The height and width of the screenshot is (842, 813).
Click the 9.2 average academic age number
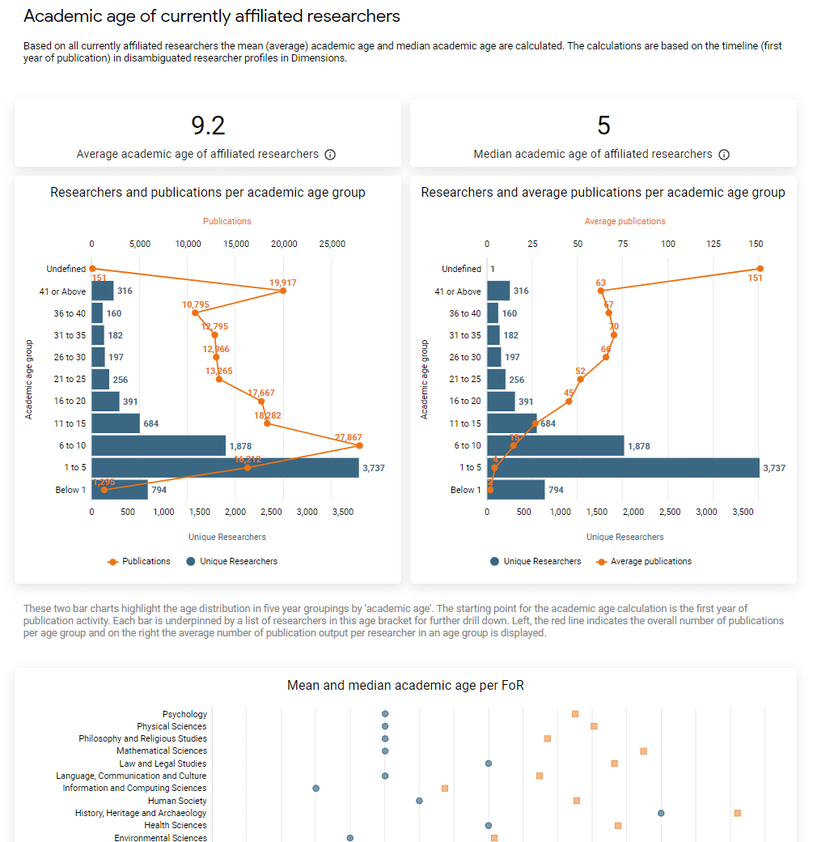coord(208,125)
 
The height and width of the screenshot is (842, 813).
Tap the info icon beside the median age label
coord(724,155)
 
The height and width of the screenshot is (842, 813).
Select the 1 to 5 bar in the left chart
coord(225,468)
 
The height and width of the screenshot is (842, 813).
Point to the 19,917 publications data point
coord(282,291)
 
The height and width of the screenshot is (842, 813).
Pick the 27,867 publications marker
coord(359,445)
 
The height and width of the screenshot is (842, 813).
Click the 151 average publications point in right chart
coord(760,269)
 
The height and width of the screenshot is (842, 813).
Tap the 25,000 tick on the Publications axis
coord(332,244)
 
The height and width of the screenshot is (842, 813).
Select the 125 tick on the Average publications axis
coord(713,244)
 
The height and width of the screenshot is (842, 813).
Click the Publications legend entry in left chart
coord(139,561)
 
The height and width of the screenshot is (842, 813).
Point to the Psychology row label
coord(184,714)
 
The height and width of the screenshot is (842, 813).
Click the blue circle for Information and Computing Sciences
coord(316,788)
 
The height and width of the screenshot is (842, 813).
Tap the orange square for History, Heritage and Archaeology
coord(737,812)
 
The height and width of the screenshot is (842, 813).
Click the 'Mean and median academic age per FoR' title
coord(405,686)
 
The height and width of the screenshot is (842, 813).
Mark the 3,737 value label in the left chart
coord(374,468)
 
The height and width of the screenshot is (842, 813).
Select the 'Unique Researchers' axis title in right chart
coord(625,537)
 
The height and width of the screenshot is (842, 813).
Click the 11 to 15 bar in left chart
coord(116,423)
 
